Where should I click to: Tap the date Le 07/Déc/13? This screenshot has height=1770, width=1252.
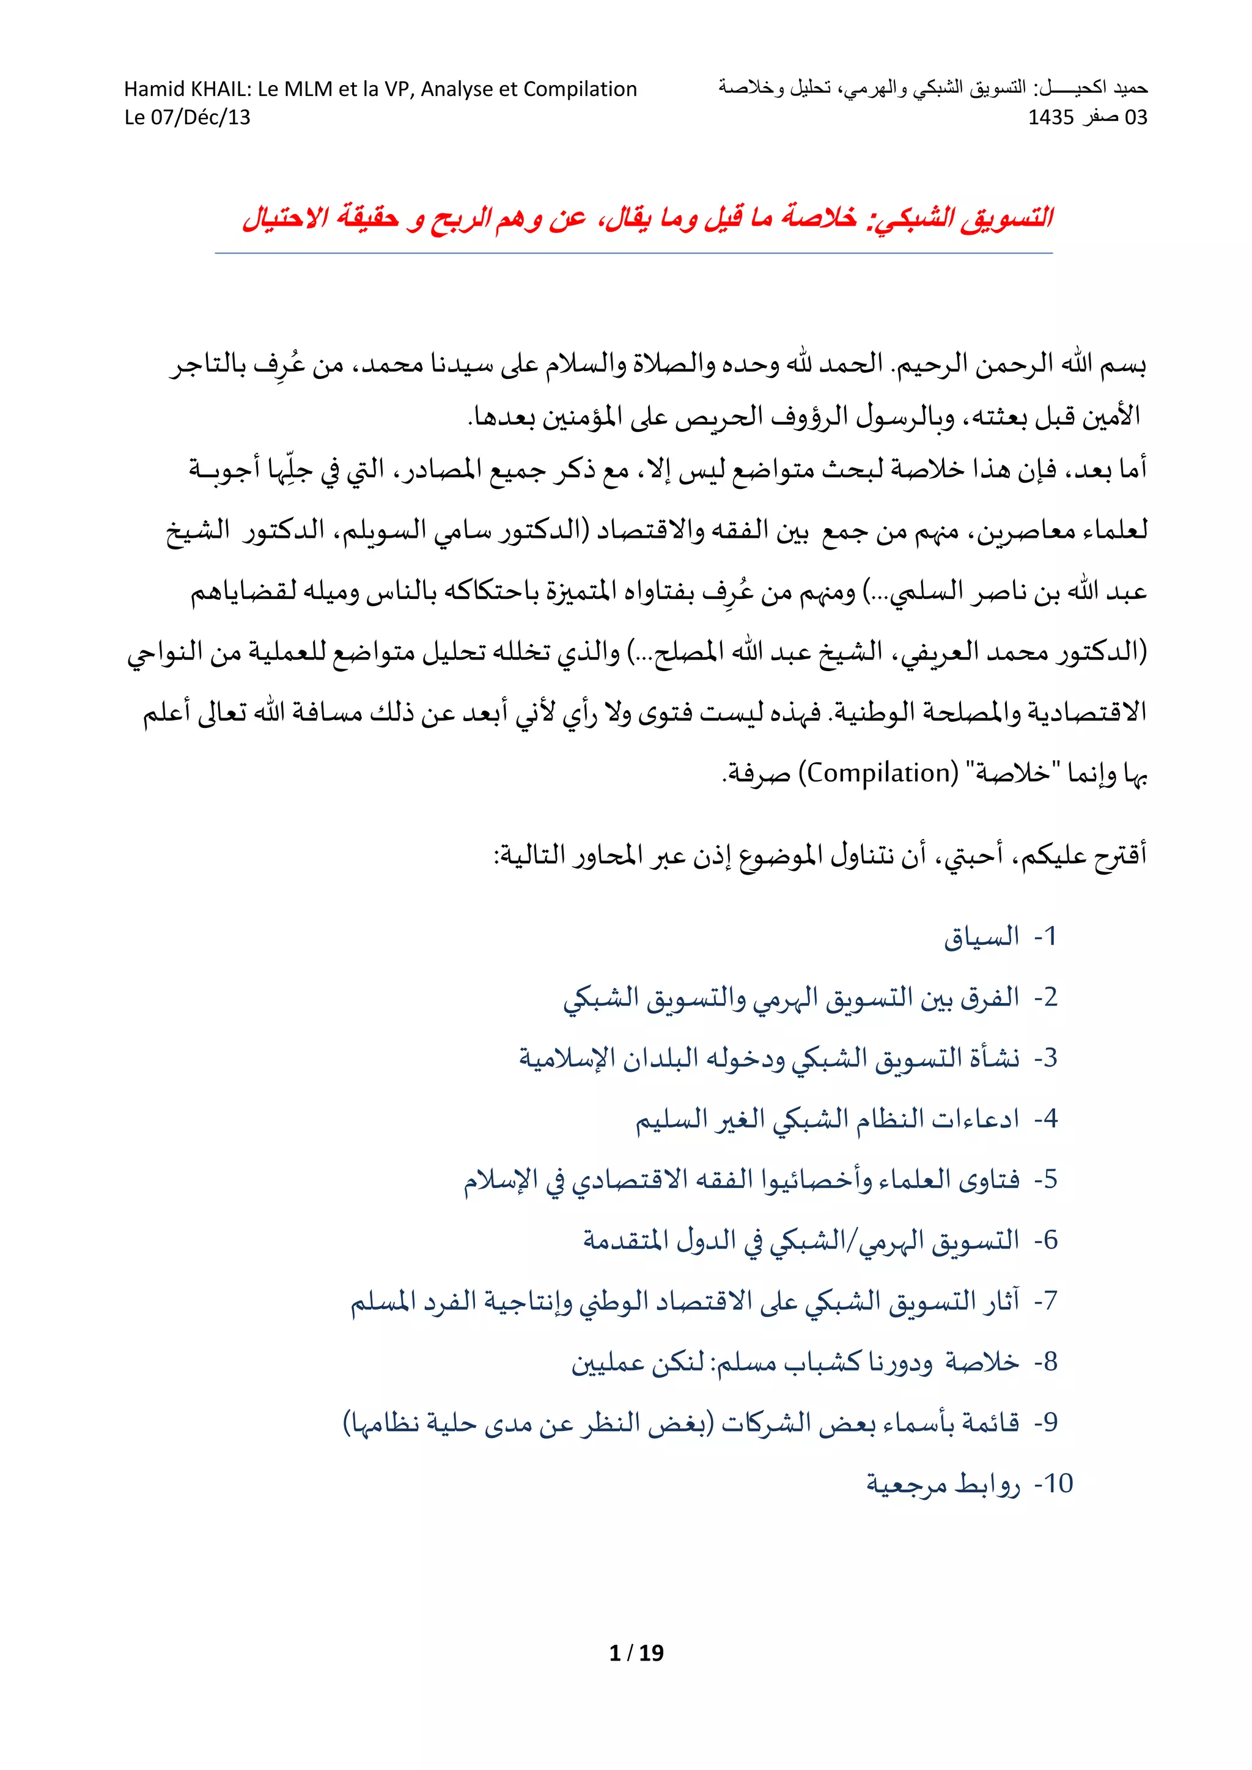point(187,117)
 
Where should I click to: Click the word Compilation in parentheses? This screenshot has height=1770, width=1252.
point(878,773)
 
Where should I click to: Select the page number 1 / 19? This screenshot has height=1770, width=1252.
point(636,1652)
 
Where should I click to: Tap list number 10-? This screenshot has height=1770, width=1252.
point(1053,1483)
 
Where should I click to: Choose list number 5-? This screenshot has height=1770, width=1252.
point(1045,1180)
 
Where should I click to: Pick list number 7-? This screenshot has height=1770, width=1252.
point(1045,1301)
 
